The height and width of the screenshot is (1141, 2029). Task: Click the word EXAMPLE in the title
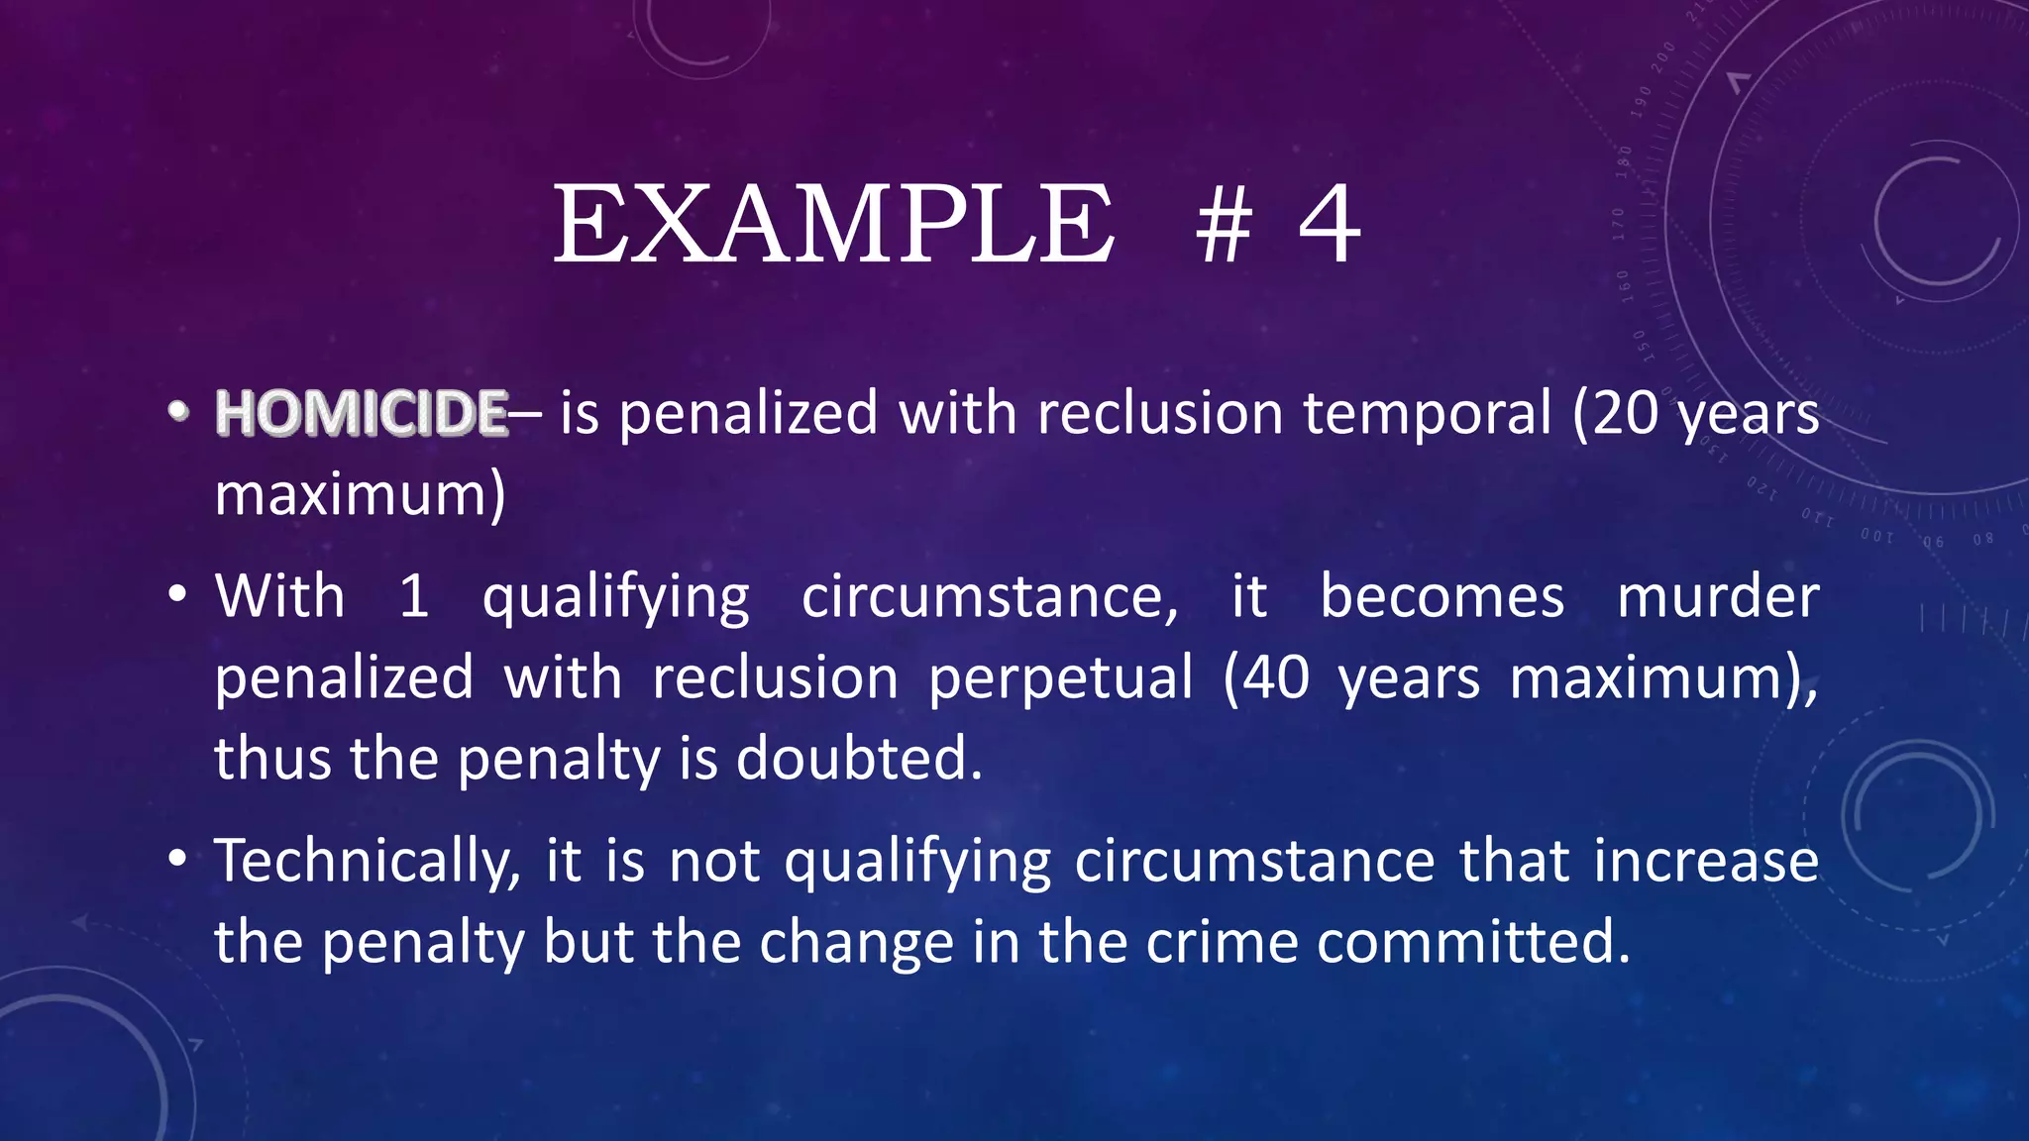pyautogui.click(x=833, y=226)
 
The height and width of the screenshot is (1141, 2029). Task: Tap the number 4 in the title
pyautogui.click(x=1330, y=226)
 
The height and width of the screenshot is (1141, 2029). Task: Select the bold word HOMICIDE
pyautogui.click(x=362, y=413)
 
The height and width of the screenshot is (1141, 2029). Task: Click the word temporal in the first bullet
pyautogui.click(x=1427, y=413)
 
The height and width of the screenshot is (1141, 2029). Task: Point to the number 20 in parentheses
pyautogui.click(x=1626, y=413)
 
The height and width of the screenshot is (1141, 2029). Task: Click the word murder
pyautogui.click(x=1718, y=597)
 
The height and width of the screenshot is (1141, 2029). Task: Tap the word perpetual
pyautogui.click(x=1061, y=678)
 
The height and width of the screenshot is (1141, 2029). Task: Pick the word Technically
pyautogui.click(x=368, y=862)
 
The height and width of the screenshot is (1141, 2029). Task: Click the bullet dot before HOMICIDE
pyautogui.click(x=177, y=412)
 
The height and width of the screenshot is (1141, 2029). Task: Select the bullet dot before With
pyautogui.click(x=177, y=596)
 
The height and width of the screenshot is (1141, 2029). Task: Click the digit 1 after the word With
pyautogui.click(x=414, y=597)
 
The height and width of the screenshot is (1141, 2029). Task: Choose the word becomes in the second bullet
pyautogui.click(x=1442, y=597)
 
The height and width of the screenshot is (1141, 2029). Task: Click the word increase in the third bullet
pyautogui.click(x=1706, y=861)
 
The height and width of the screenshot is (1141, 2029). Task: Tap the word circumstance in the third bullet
pyautogui.click(x=1254, y=861)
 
